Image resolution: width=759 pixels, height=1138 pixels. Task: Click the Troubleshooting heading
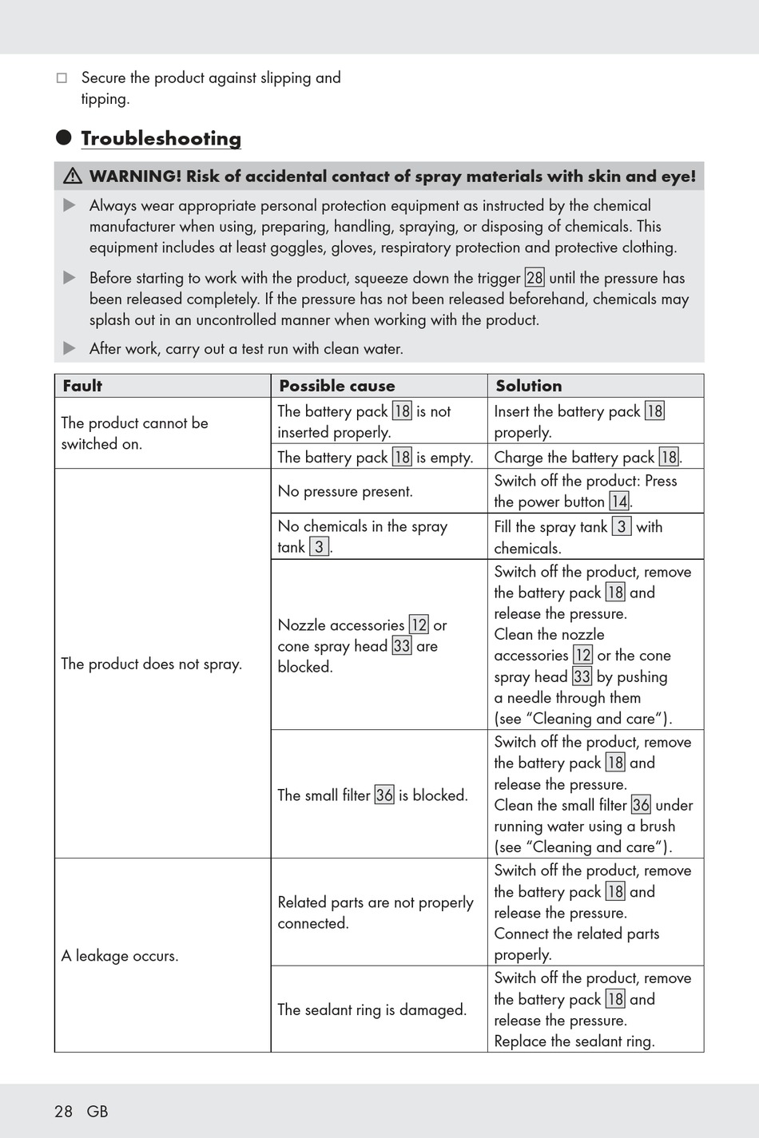click(x=161, y=138)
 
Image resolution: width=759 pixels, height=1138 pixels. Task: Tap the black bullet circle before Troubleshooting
click(x=64, y=137)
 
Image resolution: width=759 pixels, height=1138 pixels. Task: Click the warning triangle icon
click(x=73, y=176)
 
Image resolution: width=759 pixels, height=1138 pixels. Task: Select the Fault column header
click(x=82, y=386)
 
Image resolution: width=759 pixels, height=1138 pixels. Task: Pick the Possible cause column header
click(x=336, y=386)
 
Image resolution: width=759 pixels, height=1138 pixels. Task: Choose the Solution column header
click(x=528, y=386)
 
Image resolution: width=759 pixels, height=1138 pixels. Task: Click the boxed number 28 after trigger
click(x=534, y=278)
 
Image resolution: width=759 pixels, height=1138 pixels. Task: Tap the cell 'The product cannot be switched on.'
click(x=134, y=433)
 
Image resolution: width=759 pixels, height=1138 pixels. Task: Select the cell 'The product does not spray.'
click(x=151, y=664)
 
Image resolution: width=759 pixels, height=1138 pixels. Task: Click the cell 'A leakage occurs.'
click(x=120, y=955)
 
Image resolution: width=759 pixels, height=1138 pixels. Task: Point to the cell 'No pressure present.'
click(x=345, y=491)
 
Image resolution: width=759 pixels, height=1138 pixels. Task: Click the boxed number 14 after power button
click(x=619, y=502)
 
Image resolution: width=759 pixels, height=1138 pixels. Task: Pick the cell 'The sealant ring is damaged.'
click(x=372, y=1009)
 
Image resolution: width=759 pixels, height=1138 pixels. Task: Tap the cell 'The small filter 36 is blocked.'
click(x=372, y=795)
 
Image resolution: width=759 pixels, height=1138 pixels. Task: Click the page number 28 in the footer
click(x=63, y=1111)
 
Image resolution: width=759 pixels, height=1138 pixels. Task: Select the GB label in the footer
click(x=97, y=1111)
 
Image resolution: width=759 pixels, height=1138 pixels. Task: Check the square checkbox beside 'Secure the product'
click(x=62, y=77)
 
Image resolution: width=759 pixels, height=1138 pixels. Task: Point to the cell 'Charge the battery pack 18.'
click(x=587, y=457)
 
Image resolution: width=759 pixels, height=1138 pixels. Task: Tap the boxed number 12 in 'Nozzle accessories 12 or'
click(x=419, y=625)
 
